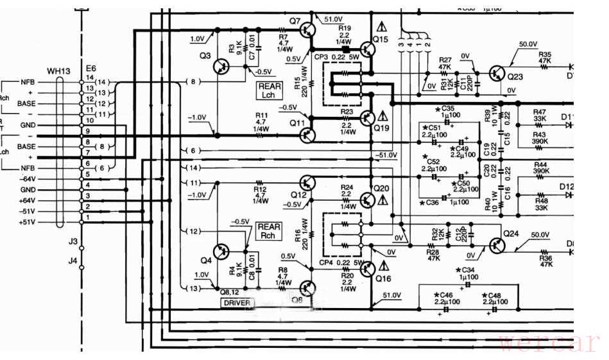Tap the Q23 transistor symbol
[x=498, y=73]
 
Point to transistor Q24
[x=497, y=245]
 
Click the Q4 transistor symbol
[x=222, y=252]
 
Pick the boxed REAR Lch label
[x=268, y=89]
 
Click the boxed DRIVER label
[x=237, y=302]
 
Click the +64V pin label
[x=27, y=200]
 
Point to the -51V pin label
[x=27, y=210]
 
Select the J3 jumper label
[x=73, y=241]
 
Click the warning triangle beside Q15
[x=383, y=27]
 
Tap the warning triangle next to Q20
[x=383, y=200]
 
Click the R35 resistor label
[x=545, y=55]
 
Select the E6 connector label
[x=90, y=69]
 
